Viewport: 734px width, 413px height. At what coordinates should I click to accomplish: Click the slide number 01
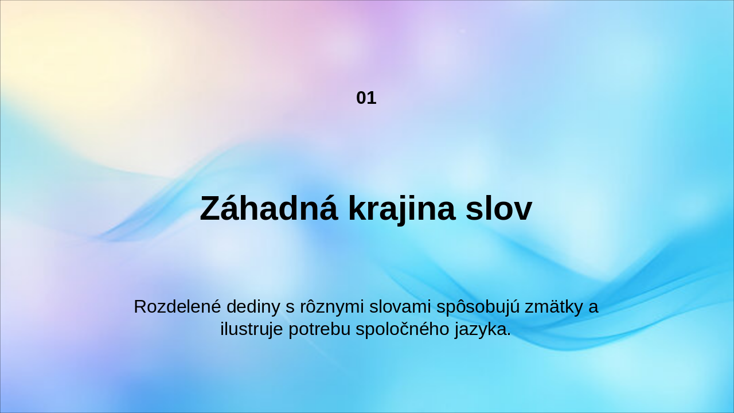366,98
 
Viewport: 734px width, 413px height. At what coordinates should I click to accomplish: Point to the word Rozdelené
177,307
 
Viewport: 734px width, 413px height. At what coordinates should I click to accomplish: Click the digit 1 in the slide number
372,98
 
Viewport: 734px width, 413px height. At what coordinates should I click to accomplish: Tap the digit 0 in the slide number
361,98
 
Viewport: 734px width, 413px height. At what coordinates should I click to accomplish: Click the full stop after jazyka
509,335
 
